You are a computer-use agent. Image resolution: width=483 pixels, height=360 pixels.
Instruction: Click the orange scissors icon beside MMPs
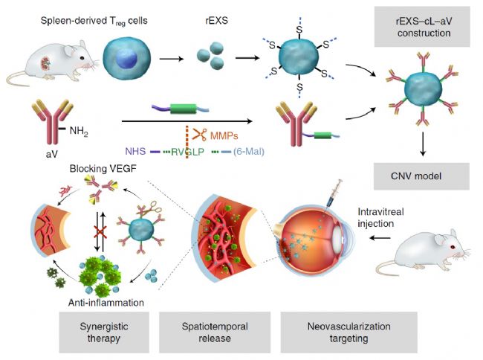[x=200, y=135]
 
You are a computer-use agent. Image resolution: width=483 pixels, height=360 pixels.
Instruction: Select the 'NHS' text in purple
[x=138, y=151]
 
